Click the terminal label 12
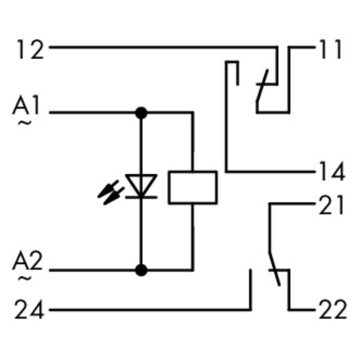(30, 50)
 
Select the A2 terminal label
(29, 263)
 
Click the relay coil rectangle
(192, 187)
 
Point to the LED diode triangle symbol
(141, 186)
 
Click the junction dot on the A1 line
(141, 113)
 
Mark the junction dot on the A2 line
(141, 270)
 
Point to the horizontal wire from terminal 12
(158, 47)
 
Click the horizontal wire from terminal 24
(144, 309)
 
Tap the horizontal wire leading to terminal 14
(269, 171)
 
